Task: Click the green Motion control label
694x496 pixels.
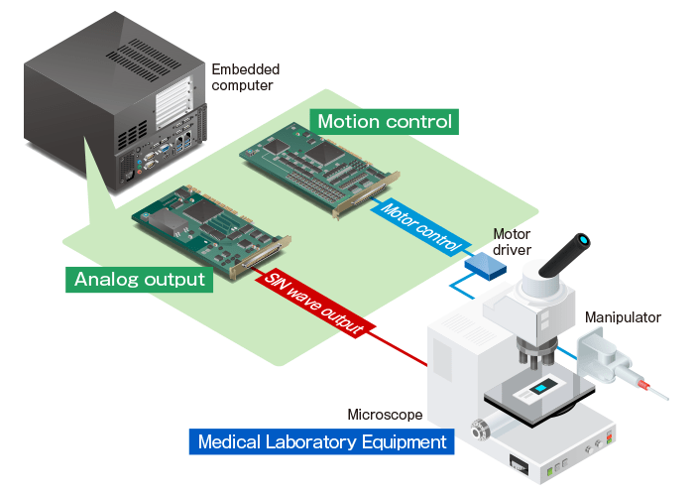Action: pos(385,122)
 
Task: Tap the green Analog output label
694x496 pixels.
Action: pos(140,279)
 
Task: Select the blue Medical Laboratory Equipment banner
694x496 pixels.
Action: pos(322,441)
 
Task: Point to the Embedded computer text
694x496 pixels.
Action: pos(245,77)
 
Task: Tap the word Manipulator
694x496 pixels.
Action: pos(623,317)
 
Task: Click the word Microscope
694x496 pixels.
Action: pos(385,414)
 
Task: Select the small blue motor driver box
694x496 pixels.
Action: pos(483,264)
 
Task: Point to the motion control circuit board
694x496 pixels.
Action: pos(321,168)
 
